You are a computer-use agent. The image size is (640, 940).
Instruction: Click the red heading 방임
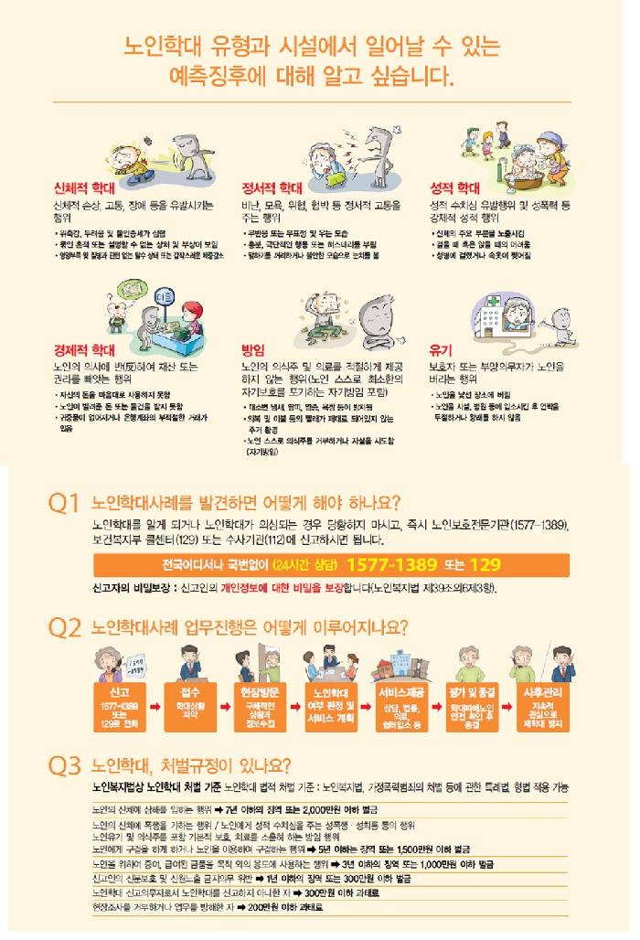(x=252, y=350)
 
